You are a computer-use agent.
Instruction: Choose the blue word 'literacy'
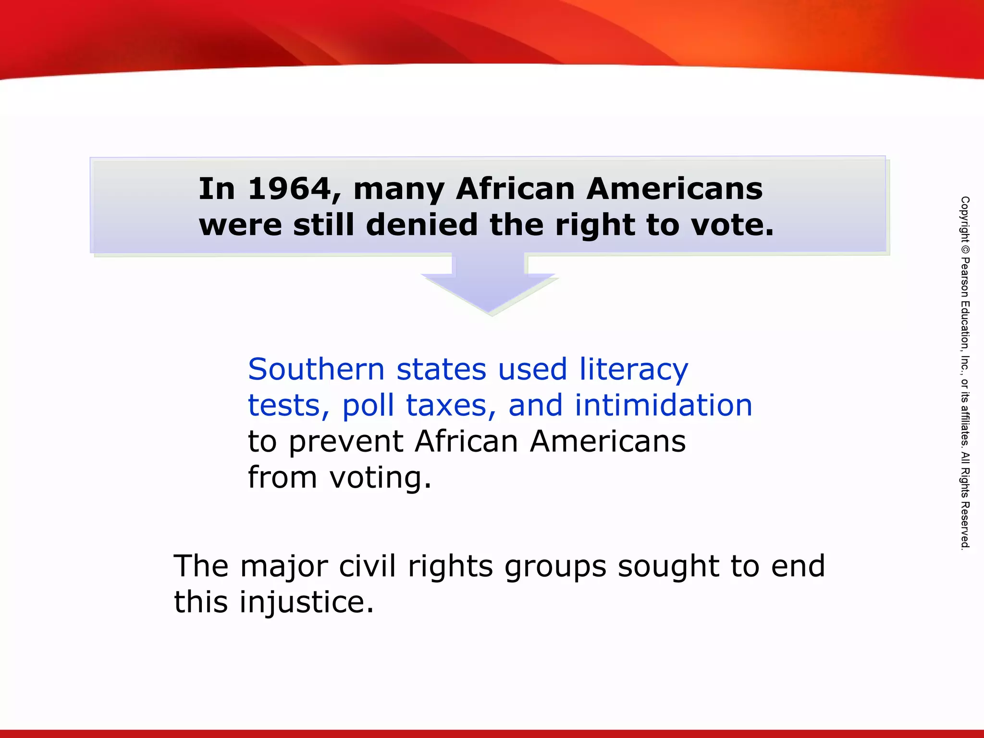[634, 370]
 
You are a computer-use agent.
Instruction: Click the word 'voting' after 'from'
[380, 478]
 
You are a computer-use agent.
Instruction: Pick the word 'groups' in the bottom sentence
[555, 567]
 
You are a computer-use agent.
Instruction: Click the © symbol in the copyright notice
[965, 250]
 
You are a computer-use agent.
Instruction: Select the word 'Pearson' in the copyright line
[965, 278]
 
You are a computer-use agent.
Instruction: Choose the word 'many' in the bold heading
[399, 189]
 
